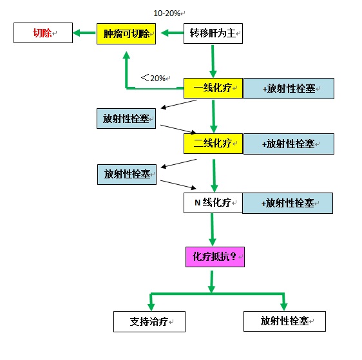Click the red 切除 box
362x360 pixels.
pyautogui.click(x=43, y=33)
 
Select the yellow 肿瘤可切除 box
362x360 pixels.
pyautogui.click(x=126, y=33)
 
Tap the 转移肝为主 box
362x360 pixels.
pyautogui.click(x=213, y=33)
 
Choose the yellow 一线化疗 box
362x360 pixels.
pyautogui.click(x=213, y=88)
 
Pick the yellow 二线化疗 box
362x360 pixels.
pyautogui.click(x=213, y=144)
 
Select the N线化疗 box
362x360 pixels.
pyautogui.click(x=213, y=203)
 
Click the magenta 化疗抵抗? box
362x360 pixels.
pyautogui.click(x=215, y=257)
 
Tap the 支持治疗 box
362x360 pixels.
pyautogui.click(x=149, y=322)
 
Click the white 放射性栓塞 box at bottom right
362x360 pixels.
pyautogui.click(x=285, y=321)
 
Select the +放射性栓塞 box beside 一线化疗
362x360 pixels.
pyautogui.click(x=289, y=89)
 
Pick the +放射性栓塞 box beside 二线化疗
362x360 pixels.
pyautogui.click(x=289, y=144)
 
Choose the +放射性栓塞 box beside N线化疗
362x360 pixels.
pyautogui.click(x=288, y=203)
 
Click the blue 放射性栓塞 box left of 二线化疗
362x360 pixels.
pyautogui.click(x=126, y=118)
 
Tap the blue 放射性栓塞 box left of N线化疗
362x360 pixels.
pyautogui.click(x=127, y=175)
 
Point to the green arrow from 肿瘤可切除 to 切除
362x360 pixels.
pyautogui.click(x=84, y=33)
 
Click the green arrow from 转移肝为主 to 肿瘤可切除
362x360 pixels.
pyautogui.click(x=172, y=33)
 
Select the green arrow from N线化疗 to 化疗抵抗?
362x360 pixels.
pyautogui.click(x=212, y=230)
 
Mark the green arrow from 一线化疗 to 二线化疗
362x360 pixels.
pyautogui.click(x=214, y=117)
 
